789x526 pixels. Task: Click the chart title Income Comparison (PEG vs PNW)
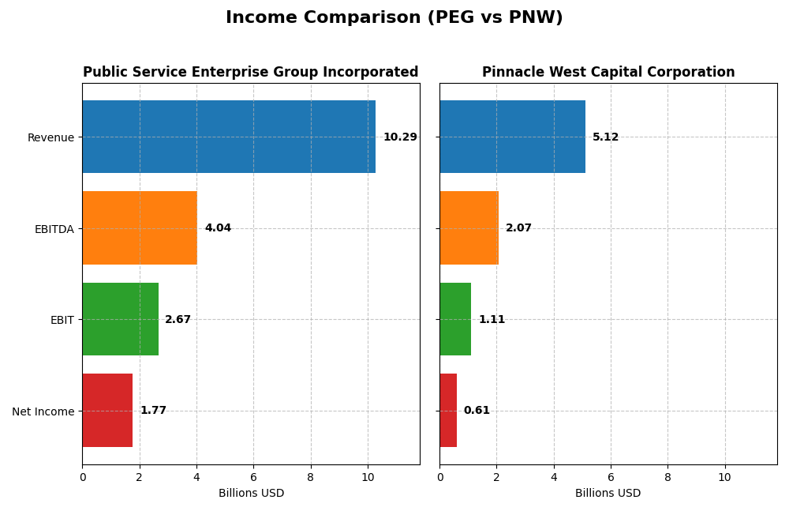click(x=394, y=17)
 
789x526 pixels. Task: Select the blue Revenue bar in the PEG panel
click(x=229, y=137)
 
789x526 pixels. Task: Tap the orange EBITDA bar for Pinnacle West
click(x=469, y=228)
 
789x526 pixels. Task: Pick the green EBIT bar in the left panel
click(x=120, y=319)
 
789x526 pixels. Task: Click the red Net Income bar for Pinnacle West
click(x=448, y=411)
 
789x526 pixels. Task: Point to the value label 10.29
click(x=400, y=137)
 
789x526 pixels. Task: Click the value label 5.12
click(x=605, y=137)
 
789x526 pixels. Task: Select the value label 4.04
click(x=218, y=228)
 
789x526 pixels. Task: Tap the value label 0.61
click(x=477, y=411)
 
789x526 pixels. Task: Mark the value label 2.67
click(x=178, y=320)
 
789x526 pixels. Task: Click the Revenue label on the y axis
click(x=50, y=137)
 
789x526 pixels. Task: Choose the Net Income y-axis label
click(x=43, y=411)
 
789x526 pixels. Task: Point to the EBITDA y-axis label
click(x=54, y=229)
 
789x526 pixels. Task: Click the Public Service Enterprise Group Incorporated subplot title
click(x=251, y=73)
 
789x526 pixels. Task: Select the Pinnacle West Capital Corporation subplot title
click(x=608, y=73)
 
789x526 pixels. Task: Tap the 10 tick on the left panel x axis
click(x=367, y=478)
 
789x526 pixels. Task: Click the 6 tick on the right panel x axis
click(x=611, y=478)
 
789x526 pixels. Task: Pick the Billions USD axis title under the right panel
click(x=608, y=494)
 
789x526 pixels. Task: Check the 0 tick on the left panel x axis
click(x=82, y=478)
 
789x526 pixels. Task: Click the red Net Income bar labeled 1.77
click(x=107, y=411)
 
